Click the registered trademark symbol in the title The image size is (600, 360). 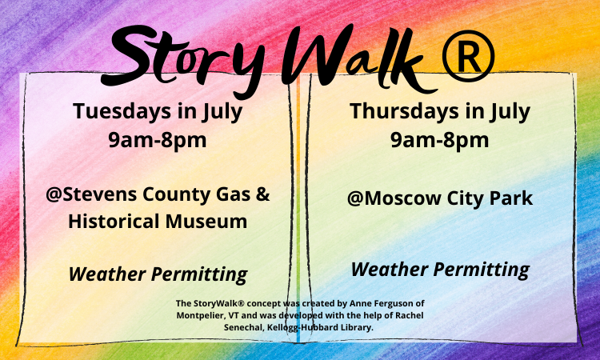click(x=468, y=56)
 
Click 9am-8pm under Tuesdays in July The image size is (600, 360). click(x=158, y=140)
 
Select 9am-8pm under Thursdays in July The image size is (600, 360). click(x=440, y=140)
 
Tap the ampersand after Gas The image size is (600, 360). click(x=262, y=194)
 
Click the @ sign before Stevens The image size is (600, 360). click(x=54, y=195)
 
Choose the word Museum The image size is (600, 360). click(x=210, y=222)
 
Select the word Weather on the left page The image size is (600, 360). click(x=106, y=274)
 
